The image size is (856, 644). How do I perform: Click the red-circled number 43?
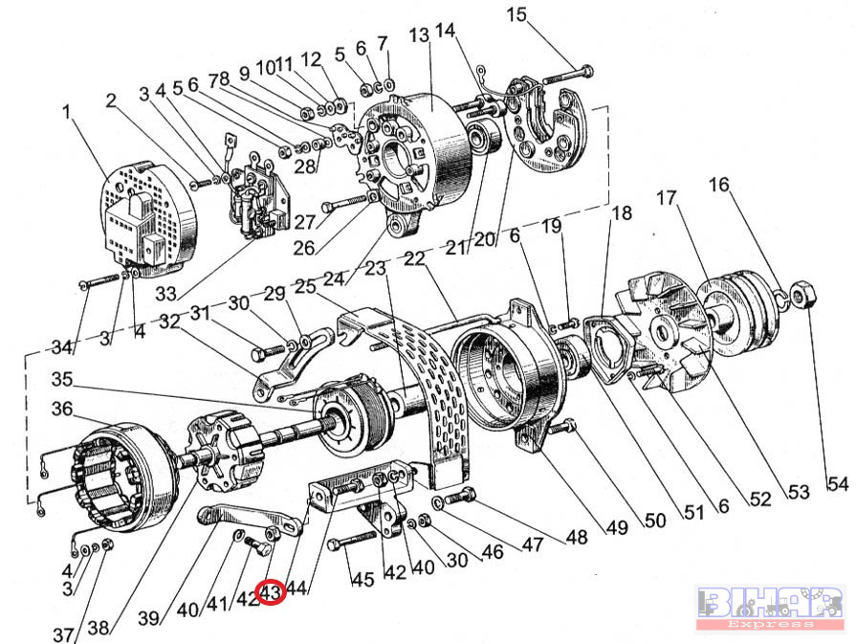[272, 594]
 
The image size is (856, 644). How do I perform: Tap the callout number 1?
[68, 112]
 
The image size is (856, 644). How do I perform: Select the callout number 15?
[517, 14]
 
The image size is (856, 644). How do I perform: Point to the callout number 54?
[837, 485]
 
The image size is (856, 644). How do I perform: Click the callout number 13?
[419, 36]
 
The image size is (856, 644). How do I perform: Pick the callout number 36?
[62, 409]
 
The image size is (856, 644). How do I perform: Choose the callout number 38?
[99, 629]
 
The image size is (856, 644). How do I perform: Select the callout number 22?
[414, 259]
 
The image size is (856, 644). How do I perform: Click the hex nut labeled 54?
[802, 294]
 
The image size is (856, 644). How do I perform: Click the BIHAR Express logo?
[769, 607]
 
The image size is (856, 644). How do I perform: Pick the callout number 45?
[361, 579]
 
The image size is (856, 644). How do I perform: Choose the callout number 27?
[305, 223]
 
